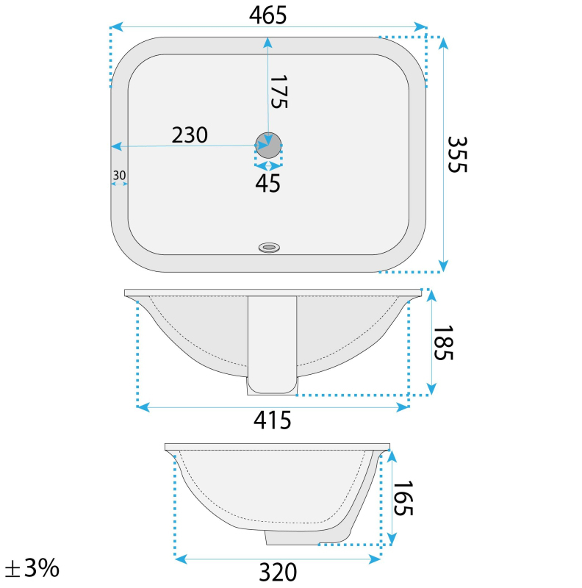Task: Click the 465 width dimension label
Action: [267, 15]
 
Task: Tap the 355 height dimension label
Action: [457, 154]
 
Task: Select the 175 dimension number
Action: [279, 92]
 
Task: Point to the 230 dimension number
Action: [190, 135]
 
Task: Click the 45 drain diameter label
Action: [267, 184]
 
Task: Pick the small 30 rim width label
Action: [119, 175]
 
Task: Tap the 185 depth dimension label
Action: [443, 343]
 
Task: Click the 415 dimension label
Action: [272, 420]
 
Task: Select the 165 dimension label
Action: [403, 498]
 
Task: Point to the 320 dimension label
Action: [278, 573]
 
